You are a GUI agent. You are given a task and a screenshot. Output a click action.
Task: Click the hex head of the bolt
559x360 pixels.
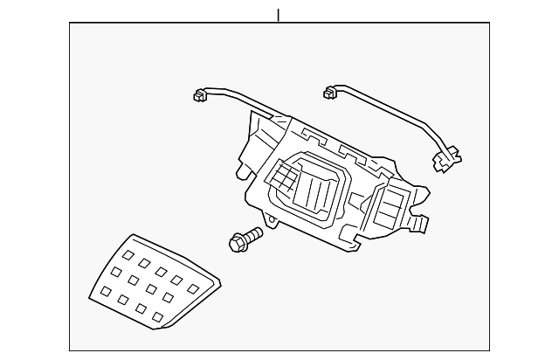pos(235,240)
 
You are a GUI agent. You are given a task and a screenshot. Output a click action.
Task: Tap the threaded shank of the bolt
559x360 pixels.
pos(252,234)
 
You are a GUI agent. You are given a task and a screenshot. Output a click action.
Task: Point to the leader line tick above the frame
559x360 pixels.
pos(279,15)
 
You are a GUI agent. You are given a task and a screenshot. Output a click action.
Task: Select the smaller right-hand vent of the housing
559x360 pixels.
pos(388,208)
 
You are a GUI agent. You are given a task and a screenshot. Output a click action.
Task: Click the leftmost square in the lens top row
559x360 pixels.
pos(128,255)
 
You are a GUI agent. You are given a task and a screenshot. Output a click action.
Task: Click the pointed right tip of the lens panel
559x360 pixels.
pos(219,282)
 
